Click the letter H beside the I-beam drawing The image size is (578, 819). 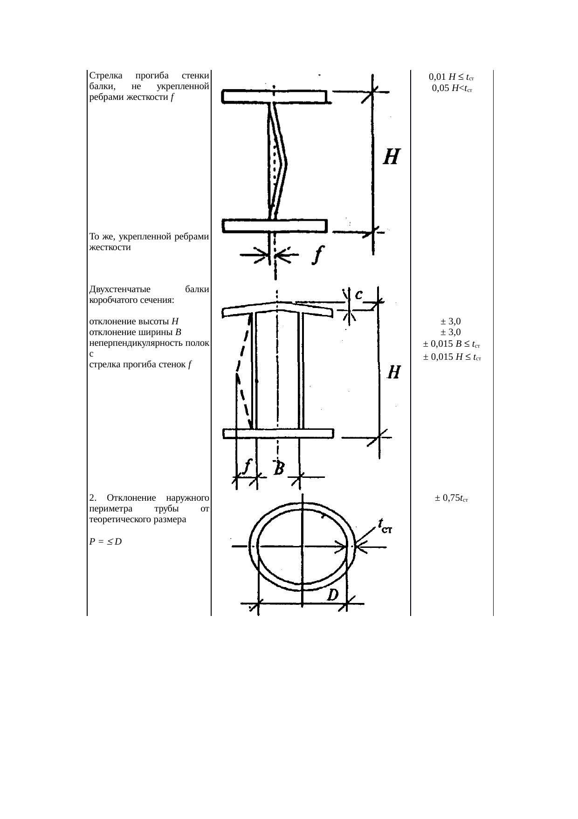(x=391, y=156)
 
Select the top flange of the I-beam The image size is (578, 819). (x=274, y=97)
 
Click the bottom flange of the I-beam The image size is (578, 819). (x=275, y=225)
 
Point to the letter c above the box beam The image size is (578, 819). (x=359, y=295)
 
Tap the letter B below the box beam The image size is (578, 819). (x=279, y=468)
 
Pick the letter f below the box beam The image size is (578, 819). (x=248, y=466)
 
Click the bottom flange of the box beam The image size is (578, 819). (x=278, y=434)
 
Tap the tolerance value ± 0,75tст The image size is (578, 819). (x=452, y=498)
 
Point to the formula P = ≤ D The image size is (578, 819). (x=105, y=542)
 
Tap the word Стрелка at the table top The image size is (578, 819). (x=105, y=76)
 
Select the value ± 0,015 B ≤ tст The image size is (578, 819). (x=452, y=345)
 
